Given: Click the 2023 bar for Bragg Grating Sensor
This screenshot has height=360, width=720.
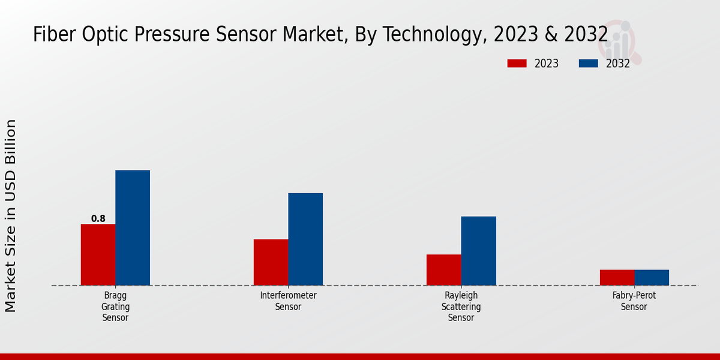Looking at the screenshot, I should pos(98,254).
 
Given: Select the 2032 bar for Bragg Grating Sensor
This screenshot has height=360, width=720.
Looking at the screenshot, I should pos(133,227).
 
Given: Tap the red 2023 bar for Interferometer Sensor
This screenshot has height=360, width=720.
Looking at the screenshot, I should pos(271,262).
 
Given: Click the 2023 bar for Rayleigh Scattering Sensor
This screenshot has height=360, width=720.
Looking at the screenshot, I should pos(443,269).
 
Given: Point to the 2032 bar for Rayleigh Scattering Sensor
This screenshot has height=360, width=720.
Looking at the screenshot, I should pos(478,250).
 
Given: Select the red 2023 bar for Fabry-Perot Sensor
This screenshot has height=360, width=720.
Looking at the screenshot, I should pos(617,277).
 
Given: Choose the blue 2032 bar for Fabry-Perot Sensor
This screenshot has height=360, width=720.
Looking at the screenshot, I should pos(652,277).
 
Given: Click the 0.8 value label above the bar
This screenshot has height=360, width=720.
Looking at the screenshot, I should pos(98,219).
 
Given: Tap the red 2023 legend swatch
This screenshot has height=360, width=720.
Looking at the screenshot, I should pos(517,64).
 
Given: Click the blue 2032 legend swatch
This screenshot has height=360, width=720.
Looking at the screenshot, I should pos(589,64).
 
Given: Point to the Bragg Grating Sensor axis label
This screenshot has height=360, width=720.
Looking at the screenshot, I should pos(115,307).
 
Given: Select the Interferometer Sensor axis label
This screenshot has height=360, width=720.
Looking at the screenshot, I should pos(288,301).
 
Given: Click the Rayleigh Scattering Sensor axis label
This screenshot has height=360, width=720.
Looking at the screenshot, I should pos(461,307).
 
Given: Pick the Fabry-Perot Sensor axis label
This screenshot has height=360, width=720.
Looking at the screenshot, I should pos(634,301).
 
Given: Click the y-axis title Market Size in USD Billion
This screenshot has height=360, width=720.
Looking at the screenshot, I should pos(11,216).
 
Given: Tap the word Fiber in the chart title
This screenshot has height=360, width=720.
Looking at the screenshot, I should pos(51,35).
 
